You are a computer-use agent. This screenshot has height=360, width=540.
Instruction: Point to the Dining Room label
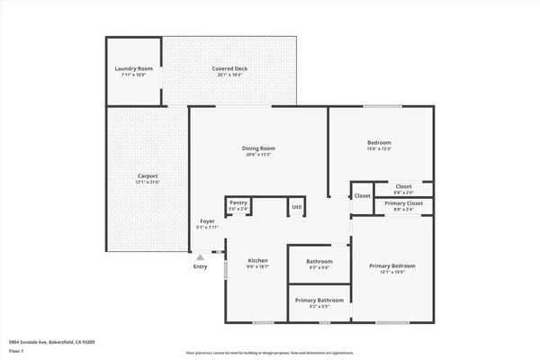coord(258,151)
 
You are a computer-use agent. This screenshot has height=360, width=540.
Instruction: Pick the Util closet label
coord(296,208)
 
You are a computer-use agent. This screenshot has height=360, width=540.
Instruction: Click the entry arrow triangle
coord(200,256)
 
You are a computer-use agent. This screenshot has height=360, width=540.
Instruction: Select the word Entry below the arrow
coord(200,265)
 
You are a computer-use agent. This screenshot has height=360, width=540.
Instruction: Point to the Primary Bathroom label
coord(319,302)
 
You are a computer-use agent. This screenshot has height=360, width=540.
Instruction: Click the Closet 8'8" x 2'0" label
coord(403,189)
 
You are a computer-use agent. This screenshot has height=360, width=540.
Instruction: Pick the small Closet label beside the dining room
coord(362,195)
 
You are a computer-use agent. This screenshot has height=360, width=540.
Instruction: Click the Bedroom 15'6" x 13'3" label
coord(379,146)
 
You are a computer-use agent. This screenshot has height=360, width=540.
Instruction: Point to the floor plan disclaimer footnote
coord(270,353)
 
